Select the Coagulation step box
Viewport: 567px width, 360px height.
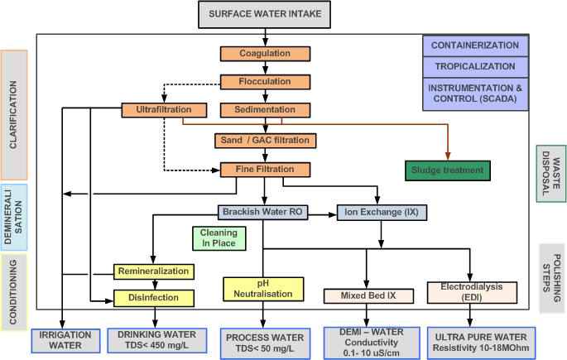(x=265, y=54)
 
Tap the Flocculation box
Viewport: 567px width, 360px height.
(x=265, y=82)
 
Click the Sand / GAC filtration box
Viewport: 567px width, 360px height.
(x=265, y=141)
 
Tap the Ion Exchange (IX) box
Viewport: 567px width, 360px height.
(x=382, y=213)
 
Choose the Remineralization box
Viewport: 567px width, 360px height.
(x=153, y=271)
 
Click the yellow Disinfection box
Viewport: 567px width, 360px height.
(x=153, y=297)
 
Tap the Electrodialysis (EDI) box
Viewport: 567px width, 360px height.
(x=471, y=292)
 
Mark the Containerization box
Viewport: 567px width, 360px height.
(x=475, y=46)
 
